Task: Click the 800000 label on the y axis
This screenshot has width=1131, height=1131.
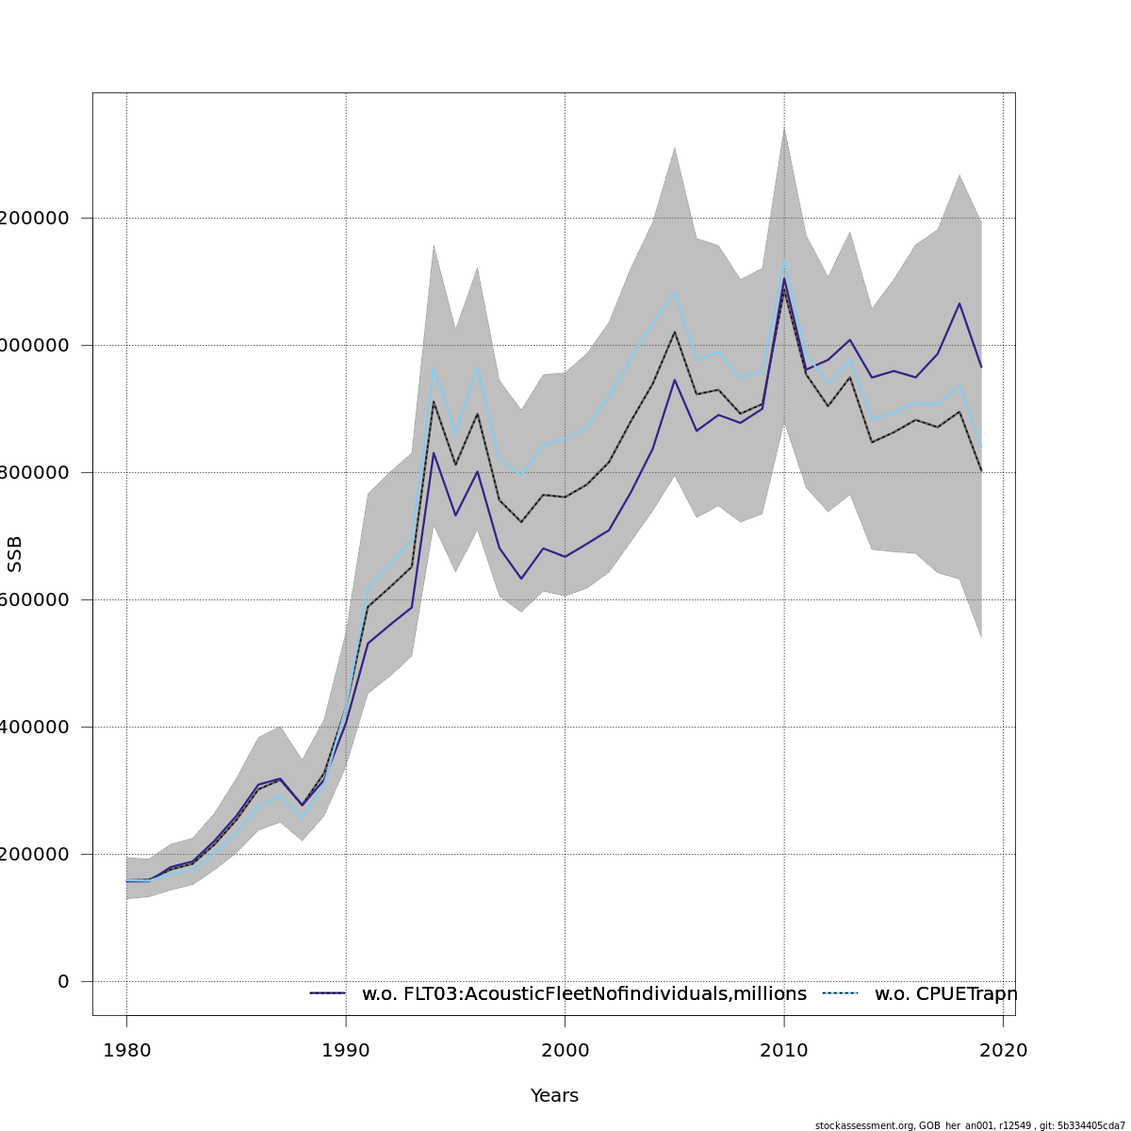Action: click(x=38, y=472)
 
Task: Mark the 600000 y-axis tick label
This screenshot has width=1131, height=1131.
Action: click(x=38, y=599)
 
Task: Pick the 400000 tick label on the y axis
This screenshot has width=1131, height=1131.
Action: click(x=38, y=727)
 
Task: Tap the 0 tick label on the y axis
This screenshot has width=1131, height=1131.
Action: click(x=63, y=981)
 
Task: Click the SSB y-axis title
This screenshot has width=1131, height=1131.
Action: click(x=14, y=553)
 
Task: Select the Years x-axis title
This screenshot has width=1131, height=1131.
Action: click(x=554, y=1096)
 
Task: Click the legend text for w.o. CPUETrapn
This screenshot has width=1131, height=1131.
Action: click(x=945, y=993)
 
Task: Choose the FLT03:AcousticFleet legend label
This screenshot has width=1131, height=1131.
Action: click(x=584, y=993)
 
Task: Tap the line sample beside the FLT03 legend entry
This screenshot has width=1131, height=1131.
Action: click(x=328, y=993)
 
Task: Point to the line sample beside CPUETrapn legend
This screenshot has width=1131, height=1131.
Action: click(x=841, y=993)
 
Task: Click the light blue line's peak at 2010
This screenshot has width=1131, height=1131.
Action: click(x=783, y=261)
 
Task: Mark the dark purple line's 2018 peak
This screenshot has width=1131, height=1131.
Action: click(x=959, y=303)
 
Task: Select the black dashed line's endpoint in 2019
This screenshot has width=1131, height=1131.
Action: click(x=981, y=470)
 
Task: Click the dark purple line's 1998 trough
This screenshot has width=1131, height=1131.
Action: click(x=521, y=579)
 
